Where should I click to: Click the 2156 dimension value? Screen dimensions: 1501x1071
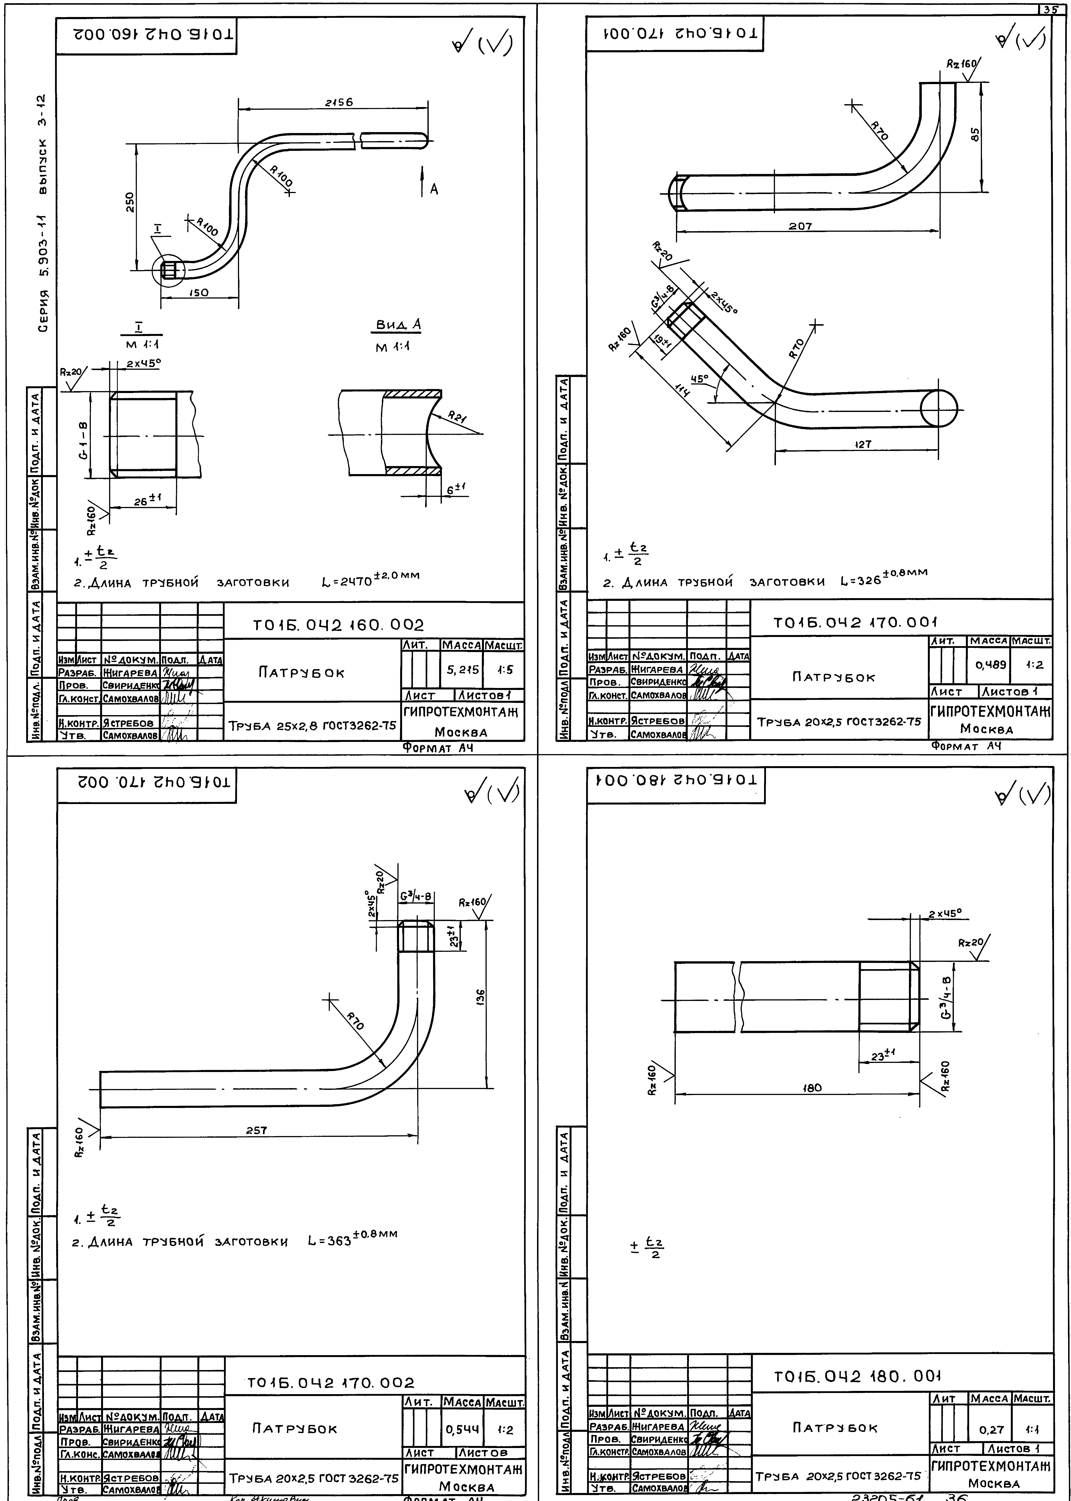tap(339, 102)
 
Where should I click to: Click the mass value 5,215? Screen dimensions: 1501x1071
tap(462, 669)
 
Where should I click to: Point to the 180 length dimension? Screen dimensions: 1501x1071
tap(813, 1087)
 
